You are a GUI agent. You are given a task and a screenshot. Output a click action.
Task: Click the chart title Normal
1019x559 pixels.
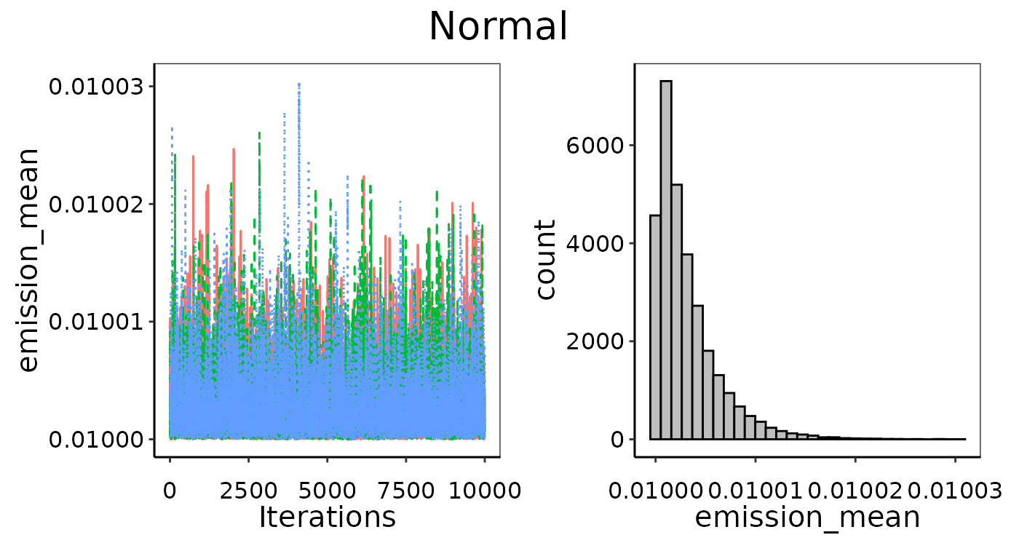[498, 28]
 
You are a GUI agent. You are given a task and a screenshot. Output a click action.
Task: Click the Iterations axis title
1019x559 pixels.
[327, 518]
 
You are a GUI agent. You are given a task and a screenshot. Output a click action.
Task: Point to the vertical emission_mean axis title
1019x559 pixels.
[28, 260]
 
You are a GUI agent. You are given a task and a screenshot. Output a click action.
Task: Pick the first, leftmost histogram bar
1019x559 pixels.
[655, 328]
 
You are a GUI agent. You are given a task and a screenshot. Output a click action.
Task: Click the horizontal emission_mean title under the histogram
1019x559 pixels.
[807, 518]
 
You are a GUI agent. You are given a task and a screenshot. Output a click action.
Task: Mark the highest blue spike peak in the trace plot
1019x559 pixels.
[298, 85]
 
